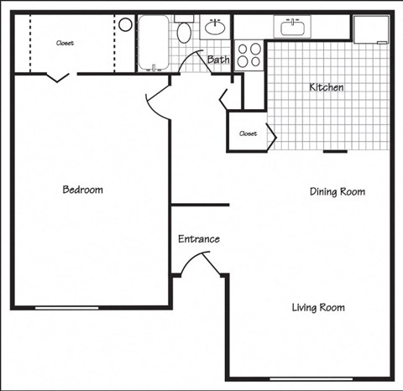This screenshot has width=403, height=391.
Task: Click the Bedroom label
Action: pos(83,190)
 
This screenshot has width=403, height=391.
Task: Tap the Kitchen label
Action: pos(327,87)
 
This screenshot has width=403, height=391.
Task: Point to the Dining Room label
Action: pos(338,191)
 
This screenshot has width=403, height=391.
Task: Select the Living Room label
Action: pos(318,307)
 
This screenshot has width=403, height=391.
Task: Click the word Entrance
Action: pos(199,239)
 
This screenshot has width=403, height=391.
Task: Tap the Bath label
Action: pos(218,60)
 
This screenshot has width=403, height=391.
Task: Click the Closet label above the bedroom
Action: pos(65,43)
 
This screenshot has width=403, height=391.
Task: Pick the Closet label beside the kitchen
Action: pos(248,133)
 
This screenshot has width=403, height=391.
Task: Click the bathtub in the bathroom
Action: pos(154,42)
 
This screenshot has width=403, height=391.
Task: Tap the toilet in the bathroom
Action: pos(185,32)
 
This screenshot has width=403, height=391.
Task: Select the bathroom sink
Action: pos(216,26)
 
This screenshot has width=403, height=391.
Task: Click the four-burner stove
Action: pos(249,55)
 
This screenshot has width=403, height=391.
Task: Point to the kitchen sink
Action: pos(295,27)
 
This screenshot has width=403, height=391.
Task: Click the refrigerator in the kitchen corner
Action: pos(371,30)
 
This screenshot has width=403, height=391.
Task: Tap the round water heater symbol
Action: pos(125,24)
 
